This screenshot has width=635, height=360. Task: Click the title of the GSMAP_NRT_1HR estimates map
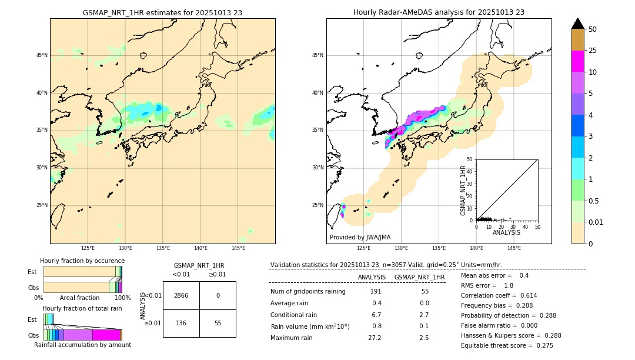coord(162,12)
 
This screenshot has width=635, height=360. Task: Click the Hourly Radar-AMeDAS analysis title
coord(439,12)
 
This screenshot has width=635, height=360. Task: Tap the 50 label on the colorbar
coord(593,29)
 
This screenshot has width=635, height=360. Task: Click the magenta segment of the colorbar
coord(577,61)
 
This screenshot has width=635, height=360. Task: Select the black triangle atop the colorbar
coord(577,24)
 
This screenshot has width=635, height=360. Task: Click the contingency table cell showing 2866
coord(181,295)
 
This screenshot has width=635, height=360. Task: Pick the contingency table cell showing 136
coord(181,323)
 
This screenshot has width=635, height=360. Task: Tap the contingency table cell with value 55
coord(218,323)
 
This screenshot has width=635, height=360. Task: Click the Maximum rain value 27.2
coord(375,338)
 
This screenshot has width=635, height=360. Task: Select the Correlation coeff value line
coord(499,295)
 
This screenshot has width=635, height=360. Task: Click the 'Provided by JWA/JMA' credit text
coord(360,237)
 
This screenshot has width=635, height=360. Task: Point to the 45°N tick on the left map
coord(42,55)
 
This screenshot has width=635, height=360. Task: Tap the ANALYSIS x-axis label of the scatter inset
coord(506,232)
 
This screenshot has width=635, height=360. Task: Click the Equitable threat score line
coord(507,345)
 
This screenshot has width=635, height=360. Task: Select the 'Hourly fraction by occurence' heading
coord(82,261)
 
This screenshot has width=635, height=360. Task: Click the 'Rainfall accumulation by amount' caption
coord(82,345)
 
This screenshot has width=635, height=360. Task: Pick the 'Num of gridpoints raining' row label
coord(308,292)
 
